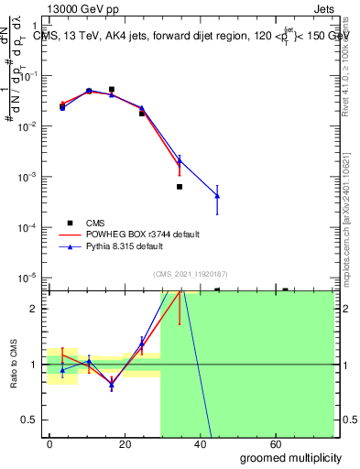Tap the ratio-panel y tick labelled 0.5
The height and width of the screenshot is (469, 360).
click(28, 420)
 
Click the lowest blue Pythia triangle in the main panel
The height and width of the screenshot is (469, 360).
click(217, 195)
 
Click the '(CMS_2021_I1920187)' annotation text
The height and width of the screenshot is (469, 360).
click(191, 272)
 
